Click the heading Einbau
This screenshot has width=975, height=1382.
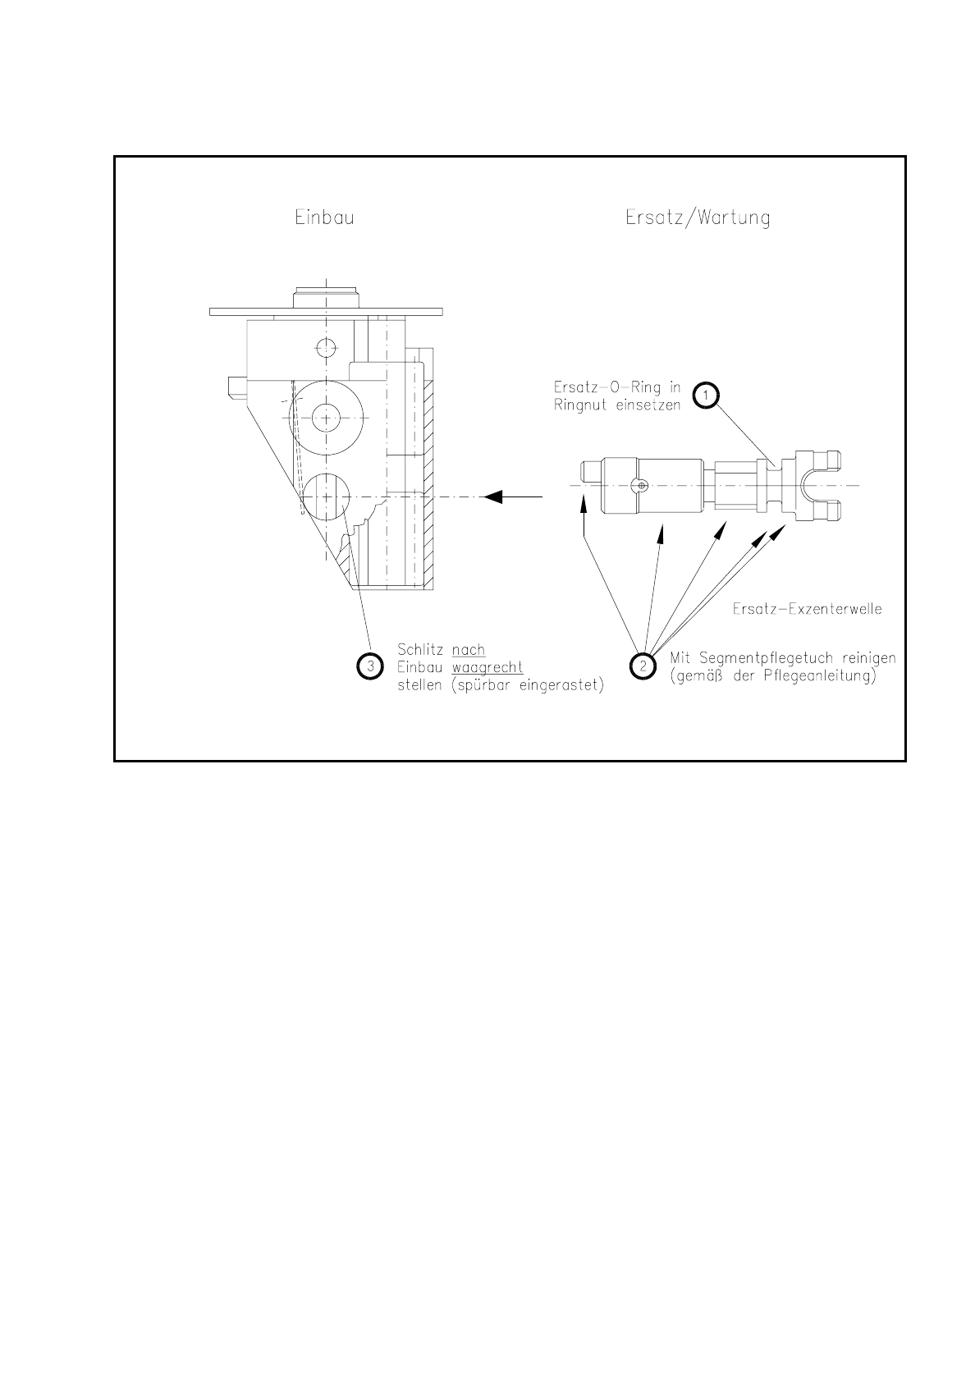coord(325,218)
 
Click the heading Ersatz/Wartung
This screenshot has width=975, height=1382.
coord(697,218)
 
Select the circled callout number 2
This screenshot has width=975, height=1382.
coord(643,666)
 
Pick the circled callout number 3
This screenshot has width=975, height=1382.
coord(370,666)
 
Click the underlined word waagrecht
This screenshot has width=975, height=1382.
coord(487,667)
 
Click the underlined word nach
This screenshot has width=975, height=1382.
coord(468,650)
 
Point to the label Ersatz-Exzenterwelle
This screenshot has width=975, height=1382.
coord(806,611)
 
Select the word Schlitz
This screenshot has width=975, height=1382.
coord(421,650)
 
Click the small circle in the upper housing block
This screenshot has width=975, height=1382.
coord(326,348)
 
